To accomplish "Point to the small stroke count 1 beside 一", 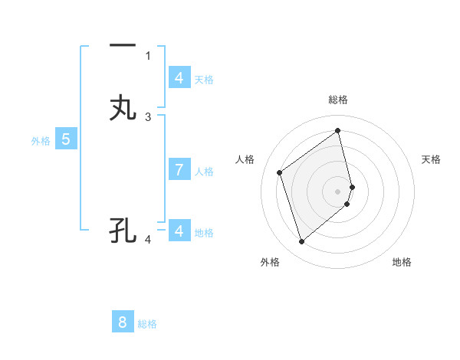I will point(148,55).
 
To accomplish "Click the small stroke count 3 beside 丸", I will point(148,116).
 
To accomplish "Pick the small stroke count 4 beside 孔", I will point(148,240).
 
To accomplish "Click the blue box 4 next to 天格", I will point(179,77).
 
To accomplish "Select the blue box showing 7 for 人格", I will point(179,170).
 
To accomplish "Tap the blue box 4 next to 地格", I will point(179,231).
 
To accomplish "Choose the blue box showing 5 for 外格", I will point(66,139).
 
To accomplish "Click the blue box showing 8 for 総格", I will point(123,322).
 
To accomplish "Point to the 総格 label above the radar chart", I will point(338,100).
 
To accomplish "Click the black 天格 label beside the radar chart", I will point(432,159).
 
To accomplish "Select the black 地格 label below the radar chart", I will point(402,262).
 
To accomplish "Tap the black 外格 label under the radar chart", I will point(270,262).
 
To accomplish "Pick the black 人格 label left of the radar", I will point(245,159).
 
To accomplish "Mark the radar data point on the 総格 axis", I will point(338,130).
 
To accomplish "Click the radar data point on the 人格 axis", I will point(280,172).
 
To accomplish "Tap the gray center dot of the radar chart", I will point(338,190).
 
